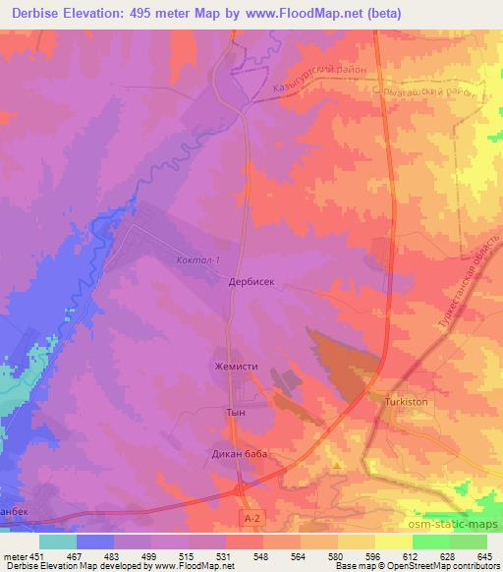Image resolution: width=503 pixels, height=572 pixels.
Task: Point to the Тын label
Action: [x=235, y=414]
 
